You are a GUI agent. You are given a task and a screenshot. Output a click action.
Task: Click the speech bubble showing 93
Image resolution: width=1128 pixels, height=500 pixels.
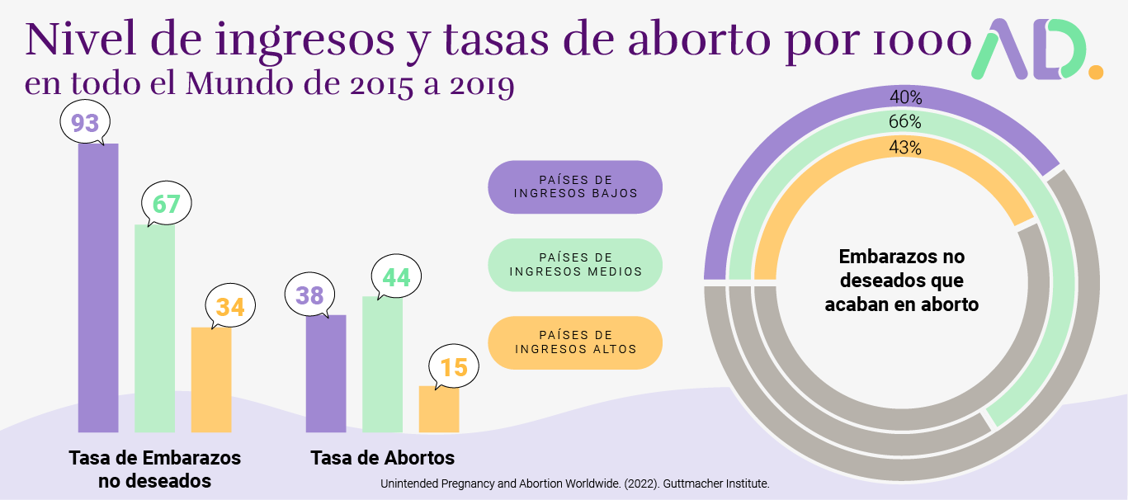pyautogui.click(x=86, y=124)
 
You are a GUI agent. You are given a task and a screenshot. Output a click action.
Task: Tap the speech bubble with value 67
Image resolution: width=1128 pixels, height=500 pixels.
pyautogui.click(x=166, y=203)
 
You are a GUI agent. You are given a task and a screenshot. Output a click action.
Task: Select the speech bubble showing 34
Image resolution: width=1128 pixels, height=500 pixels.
pyautogui.click(x=230, y=306)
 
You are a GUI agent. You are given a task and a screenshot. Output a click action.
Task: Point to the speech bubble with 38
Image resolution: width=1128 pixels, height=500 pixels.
pyautogui.click(x=309, y=295)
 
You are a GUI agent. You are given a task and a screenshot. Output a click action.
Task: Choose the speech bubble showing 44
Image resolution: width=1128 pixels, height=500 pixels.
pyautogui.click(x=396, y=277)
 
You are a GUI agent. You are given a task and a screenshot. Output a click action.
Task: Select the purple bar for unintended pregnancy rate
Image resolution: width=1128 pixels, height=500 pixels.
pyautogui.click(x=98, y=289)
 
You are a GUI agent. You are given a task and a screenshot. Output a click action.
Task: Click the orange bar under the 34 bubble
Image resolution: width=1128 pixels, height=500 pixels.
pyautogui.click(x=211, y=380)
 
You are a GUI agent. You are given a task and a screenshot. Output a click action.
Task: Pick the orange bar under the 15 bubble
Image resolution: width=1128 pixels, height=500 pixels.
pyautogui.click(x=439, y=409)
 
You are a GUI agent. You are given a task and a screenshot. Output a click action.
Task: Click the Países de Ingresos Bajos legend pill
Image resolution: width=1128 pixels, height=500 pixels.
pyautogui.click(x=575, y=186)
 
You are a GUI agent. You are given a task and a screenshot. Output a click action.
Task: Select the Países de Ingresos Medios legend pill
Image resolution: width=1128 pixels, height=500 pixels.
pyautogui.click(x=575, y=265)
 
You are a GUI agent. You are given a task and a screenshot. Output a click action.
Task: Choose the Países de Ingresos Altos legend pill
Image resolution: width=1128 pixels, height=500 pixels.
pyautogui.click(x=575, y=342)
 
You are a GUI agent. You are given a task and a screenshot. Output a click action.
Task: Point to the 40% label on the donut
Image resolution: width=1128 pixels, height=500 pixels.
pyautogui.click(x=905, y=97)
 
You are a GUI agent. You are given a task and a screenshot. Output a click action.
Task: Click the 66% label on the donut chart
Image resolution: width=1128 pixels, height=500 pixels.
pyautogui.click(x=905, y=122)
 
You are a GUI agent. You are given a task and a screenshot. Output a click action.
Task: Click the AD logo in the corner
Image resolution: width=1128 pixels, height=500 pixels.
pyautogui.click(x=1036, y=49)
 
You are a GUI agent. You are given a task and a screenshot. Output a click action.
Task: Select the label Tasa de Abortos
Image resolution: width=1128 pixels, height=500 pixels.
pyautogui.click(x=382, y=458)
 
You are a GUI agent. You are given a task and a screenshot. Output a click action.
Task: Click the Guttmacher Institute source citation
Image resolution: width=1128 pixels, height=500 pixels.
pyautogui.click(x=574, y=484)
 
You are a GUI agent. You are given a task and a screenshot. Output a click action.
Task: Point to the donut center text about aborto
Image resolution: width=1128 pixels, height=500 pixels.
pyautogui.click(x=901, y=281)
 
